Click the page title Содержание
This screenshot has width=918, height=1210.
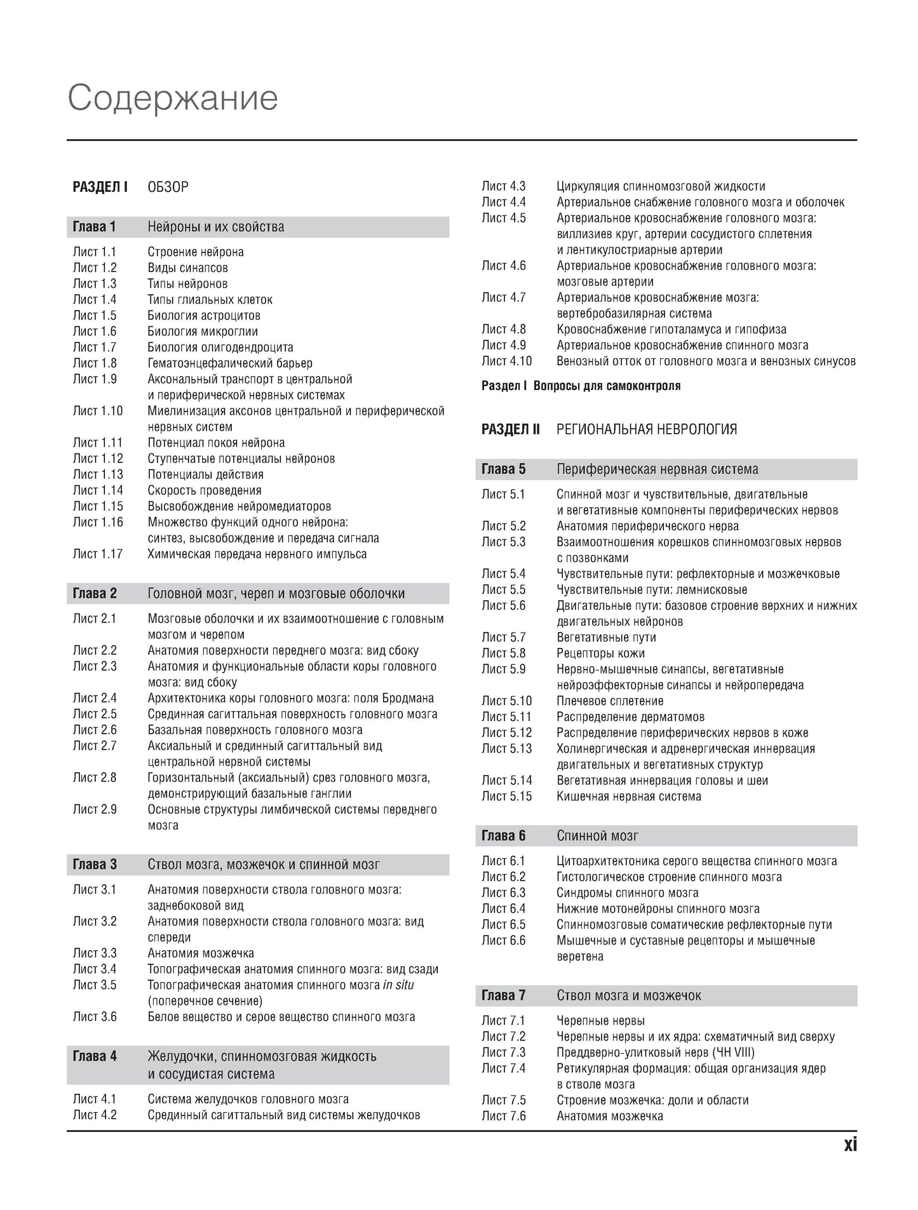tap(173, 98)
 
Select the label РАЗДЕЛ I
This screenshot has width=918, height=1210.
tap(100, 187)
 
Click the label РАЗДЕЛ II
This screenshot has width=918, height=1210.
tap(510, 429)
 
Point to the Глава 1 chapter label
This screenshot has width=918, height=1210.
tap(95, 227)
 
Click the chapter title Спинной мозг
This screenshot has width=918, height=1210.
tap(597, 836)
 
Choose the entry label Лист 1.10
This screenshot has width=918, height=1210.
tap(98, 411)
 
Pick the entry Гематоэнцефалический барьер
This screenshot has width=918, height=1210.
tap(230, 363)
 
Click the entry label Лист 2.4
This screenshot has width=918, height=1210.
tap(95, 698)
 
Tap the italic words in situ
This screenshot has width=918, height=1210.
tap(398, 985)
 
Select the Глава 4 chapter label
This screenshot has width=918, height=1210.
tap(95, 1056)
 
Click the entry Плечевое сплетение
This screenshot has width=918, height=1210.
tap(610, 701)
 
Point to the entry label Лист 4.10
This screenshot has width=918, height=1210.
tap(506, 361)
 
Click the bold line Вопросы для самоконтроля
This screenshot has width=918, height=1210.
tap(607, 386)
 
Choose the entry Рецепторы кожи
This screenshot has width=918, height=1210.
tap(600, 653)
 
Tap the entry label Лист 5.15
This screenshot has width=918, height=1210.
tap(506, 797)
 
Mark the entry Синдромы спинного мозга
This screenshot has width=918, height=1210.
tap(627, 893)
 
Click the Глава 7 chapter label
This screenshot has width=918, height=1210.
tap(503, 995)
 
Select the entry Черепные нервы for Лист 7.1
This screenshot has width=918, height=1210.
tap(600, 1021)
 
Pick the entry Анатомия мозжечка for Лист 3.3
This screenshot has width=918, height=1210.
tap(201, 953)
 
